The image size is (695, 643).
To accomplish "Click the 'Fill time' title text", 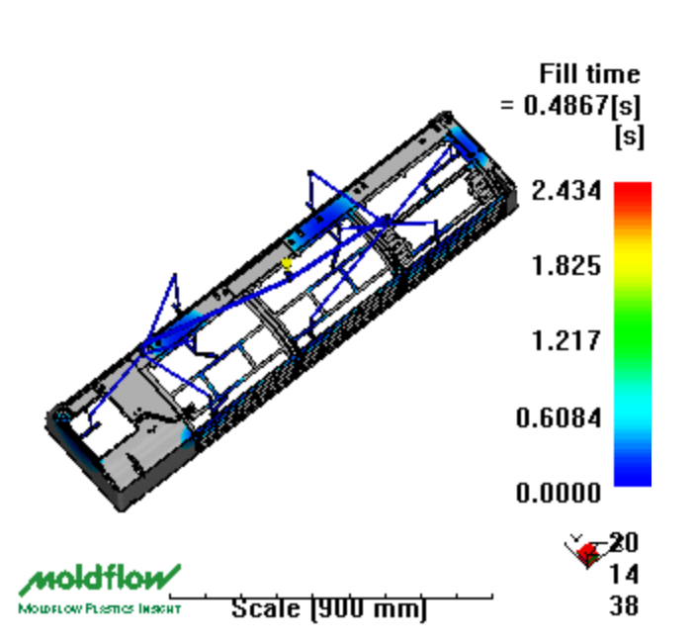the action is [589, 73].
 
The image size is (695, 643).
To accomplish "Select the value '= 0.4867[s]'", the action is [570, 106].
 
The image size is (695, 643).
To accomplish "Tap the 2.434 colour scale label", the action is [566, 191].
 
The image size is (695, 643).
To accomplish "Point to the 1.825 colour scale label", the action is [566, 266].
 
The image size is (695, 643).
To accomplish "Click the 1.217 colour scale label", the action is [566, 340].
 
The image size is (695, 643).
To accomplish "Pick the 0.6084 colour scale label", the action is [559, 417].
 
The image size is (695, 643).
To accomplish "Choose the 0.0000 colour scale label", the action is [559, 493].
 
